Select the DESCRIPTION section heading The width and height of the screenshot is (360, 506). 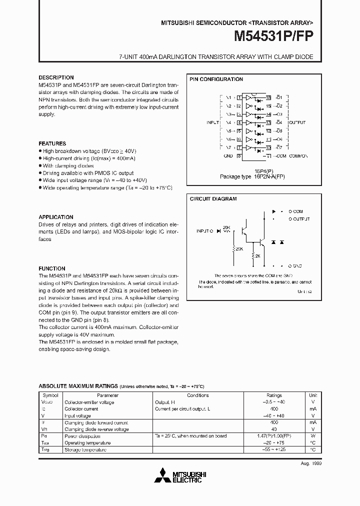(56, 77)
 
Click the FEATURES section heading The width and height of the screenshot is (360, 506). (52, 143)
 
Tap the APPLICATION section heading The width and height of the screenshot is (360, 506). (56, 217)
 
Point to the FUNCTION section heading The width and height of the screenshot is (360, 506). (52, 268)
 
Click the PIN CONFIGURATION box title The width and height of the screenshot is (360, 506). (216, 79)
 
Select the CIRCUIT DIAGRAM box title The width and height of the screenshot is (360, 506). (213, 198)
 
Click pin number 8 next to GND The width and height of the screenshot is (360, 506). (239, 156)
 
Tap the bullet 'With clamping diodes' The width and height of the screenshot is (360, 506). (68, 165)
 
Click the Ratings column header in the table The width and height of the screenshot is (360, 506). (274, 395)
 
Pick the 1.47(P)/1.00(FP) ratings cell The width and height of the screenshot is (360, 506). (274, 436)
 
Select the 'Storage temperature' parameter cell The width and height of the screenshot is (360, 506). (85, 450)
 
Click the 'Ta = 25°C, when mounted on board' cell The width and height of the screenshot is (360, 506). (191, 436)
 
